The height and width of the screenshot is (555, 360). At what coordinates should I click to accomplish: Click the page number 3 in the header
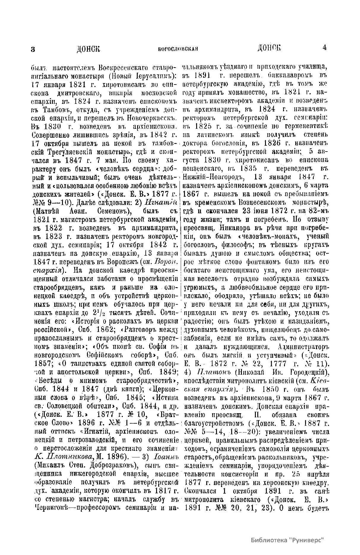[33, 49]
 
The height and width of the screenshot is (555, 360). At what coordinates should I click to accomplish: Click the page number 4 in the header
[325, 48]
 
